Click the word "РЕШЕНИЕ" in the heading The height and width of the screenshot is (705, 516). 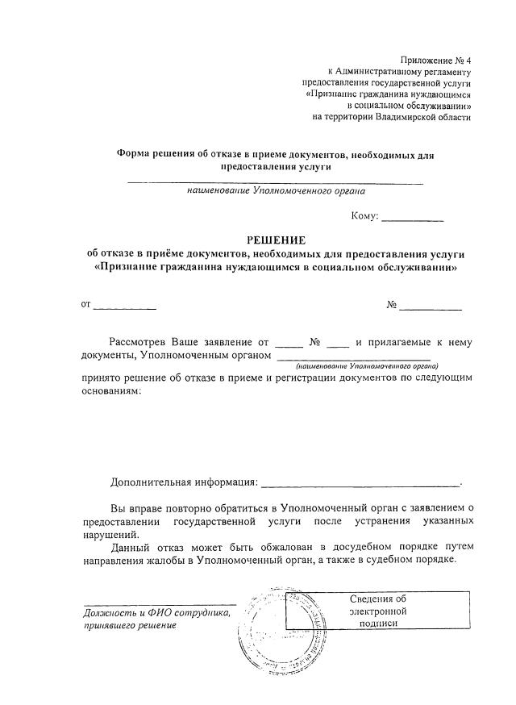pyautogui.click(x=276, y=240)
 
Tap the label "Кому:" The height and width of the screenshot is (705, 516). pyautogui.click(x=364, y=215)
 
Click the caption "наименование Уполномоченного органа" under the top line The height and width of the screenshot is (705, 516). pyautogui.click(x=276, y=192)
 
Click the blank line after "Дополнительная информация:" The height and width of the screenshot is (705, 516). pyautogui.click(x=360, y=483)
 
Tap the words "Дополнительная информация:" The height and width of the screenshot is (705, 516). pyautogui.click(x=184, y=482)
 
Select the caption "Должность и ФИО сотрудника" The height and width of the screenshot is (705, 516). pyautogui.click(x=156, y=613)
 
